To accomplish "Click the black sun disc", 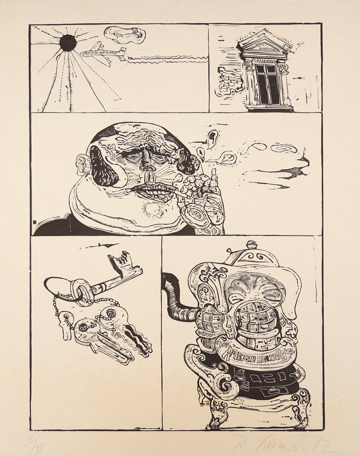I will pos(68,43).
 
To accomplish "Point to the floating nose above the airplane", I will pos(124,34).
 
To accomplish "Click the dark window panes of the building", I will pos(268,84).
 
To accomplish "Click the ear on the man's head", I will pos(83,164).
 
